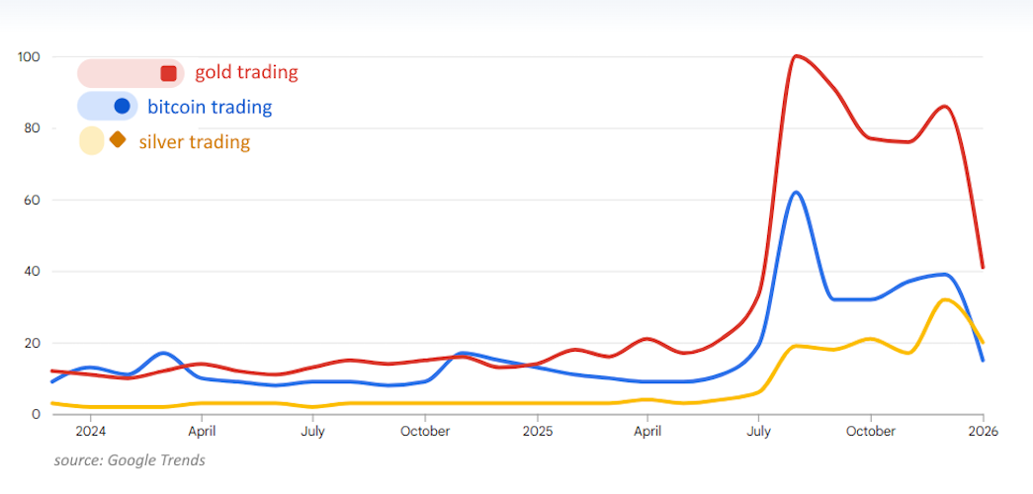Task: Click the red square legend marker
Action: point(168,73)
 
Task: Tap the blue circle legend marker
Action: point(123,106)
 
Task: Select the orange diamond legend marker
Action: point(118,140)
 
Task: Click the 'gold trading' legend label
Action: point(246,72)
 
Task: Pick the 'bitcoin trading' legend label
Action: point(210,107)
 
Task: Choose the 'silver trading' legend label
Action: point(195,142)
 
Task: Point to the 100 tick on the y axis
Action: point(28,57)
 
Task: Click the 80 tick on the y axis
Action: point(31,128)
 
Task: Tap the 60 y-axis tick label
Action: point(31,201)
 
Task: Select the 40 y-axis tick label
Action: point(31,272)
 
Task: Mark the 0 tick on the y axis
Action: point(34,415)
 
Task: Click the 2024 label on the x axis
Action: point(90,432)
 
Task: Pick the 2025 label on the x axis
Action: point(537,432)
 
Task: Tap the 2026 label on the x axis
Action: point(983,432)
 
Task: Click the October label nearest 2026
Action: point(871,432)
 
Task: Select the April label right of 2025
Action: point(647,432)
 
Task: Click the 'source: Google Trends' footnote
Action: point(129,460)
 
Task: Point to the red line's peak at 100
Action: point(796,56)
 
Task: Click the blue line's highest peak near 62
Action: point(796,192)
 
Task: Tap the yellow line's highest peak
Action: point(945,299)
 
